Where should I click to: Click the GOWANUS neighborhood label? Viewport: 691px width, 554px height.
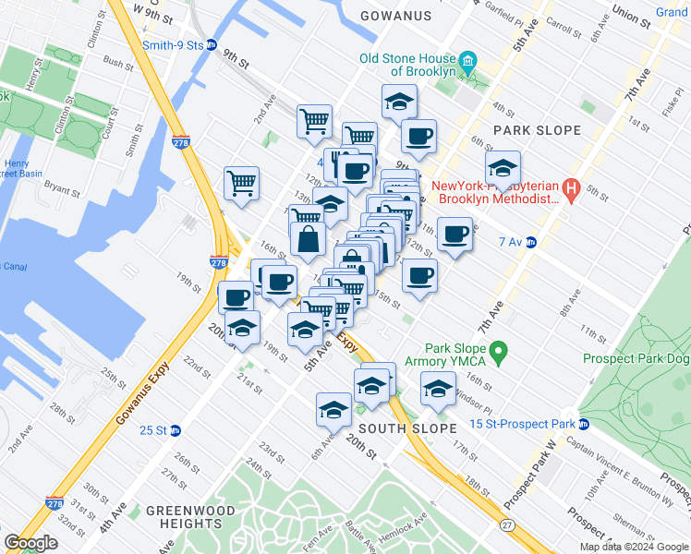click(x=395, y=16)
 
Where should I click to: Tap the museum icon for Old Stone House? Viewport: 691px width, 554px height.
click(x=468, y=62)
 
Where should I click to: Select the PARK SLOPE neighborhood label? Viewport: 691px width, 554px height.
click(x=536, y=130)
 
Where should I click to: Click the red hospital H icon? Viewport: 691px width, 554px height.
click(x=571, y=191)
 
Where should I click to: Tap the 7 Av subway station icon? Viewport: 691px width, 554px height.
click(x=531, y=242)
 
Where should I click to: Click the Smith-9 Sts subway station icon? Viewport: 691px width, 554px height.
click(x=211, y=44)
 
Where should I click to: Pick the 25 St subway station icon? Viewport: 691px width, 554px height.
click(x=175, y=430)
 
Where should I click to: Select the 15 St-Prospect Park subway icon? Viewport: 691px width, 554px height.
click(x=584, y=424)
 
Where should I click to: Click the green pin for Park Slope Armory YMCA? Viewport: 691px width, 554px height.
click(x=499, y=351)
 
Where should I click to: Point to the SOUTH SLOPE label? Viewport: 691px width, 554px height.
click(x=407, y=428)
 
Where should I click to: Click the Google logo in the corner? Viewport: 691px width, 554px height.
click(x=30, y=543)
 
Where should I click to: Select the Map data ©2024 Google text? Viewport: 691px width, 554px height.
click(x=632, y=547)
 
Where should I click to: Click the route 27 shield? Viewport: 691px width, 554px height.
click(x=506, y=525)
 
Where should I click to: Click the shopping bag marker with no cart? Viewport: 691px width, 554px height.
click(x=308, y=239)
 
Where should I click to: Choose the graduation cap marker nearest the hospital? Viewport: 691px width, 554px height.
click(x=502, y=167)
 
